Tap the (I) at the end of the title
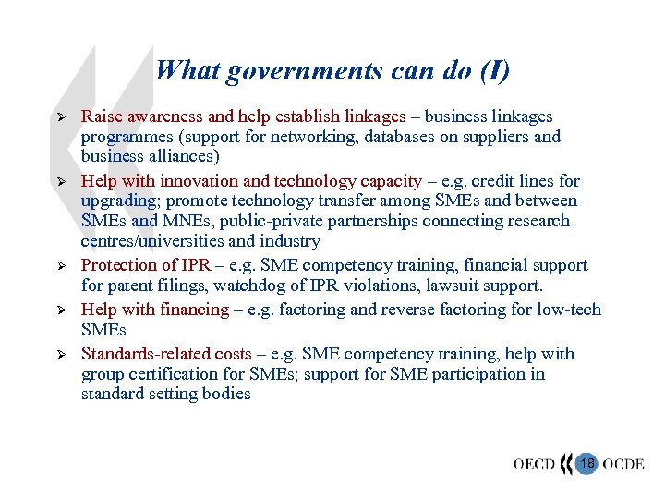click(x=490, y=71)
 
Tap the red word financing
click(x=194, y=310)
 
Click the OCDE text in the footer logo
click(x=623, y=463)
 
